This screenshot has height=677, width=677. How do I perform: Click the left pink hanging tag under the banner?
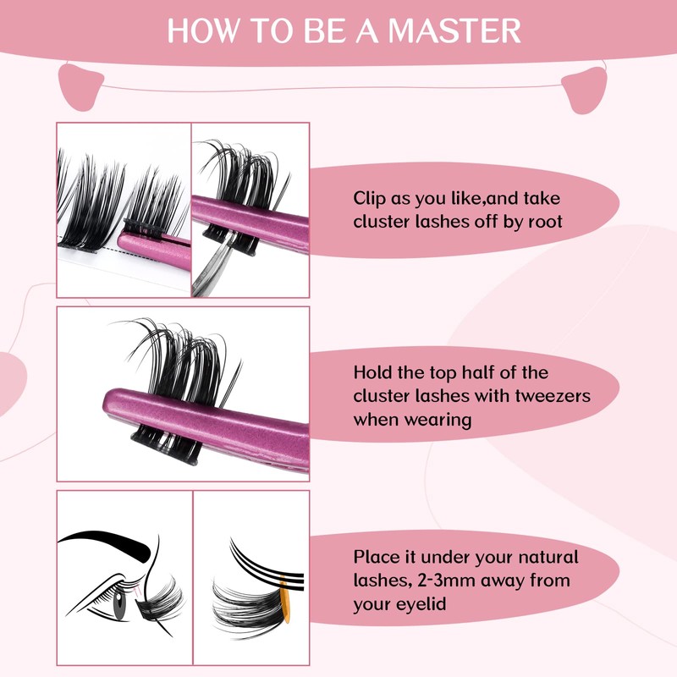click(x=81, y=85)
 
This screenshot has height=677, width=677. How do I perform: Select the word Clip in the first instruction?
click(x=370, y=199)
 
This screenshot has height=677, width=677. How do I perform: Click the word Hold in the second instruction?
click(x=373, y=373)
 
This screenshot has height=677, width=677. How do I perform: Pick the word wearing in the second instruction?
click(x=435, y=419)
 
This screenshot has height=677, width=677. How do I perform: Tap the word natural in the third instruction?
click(x=549, y=558)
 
